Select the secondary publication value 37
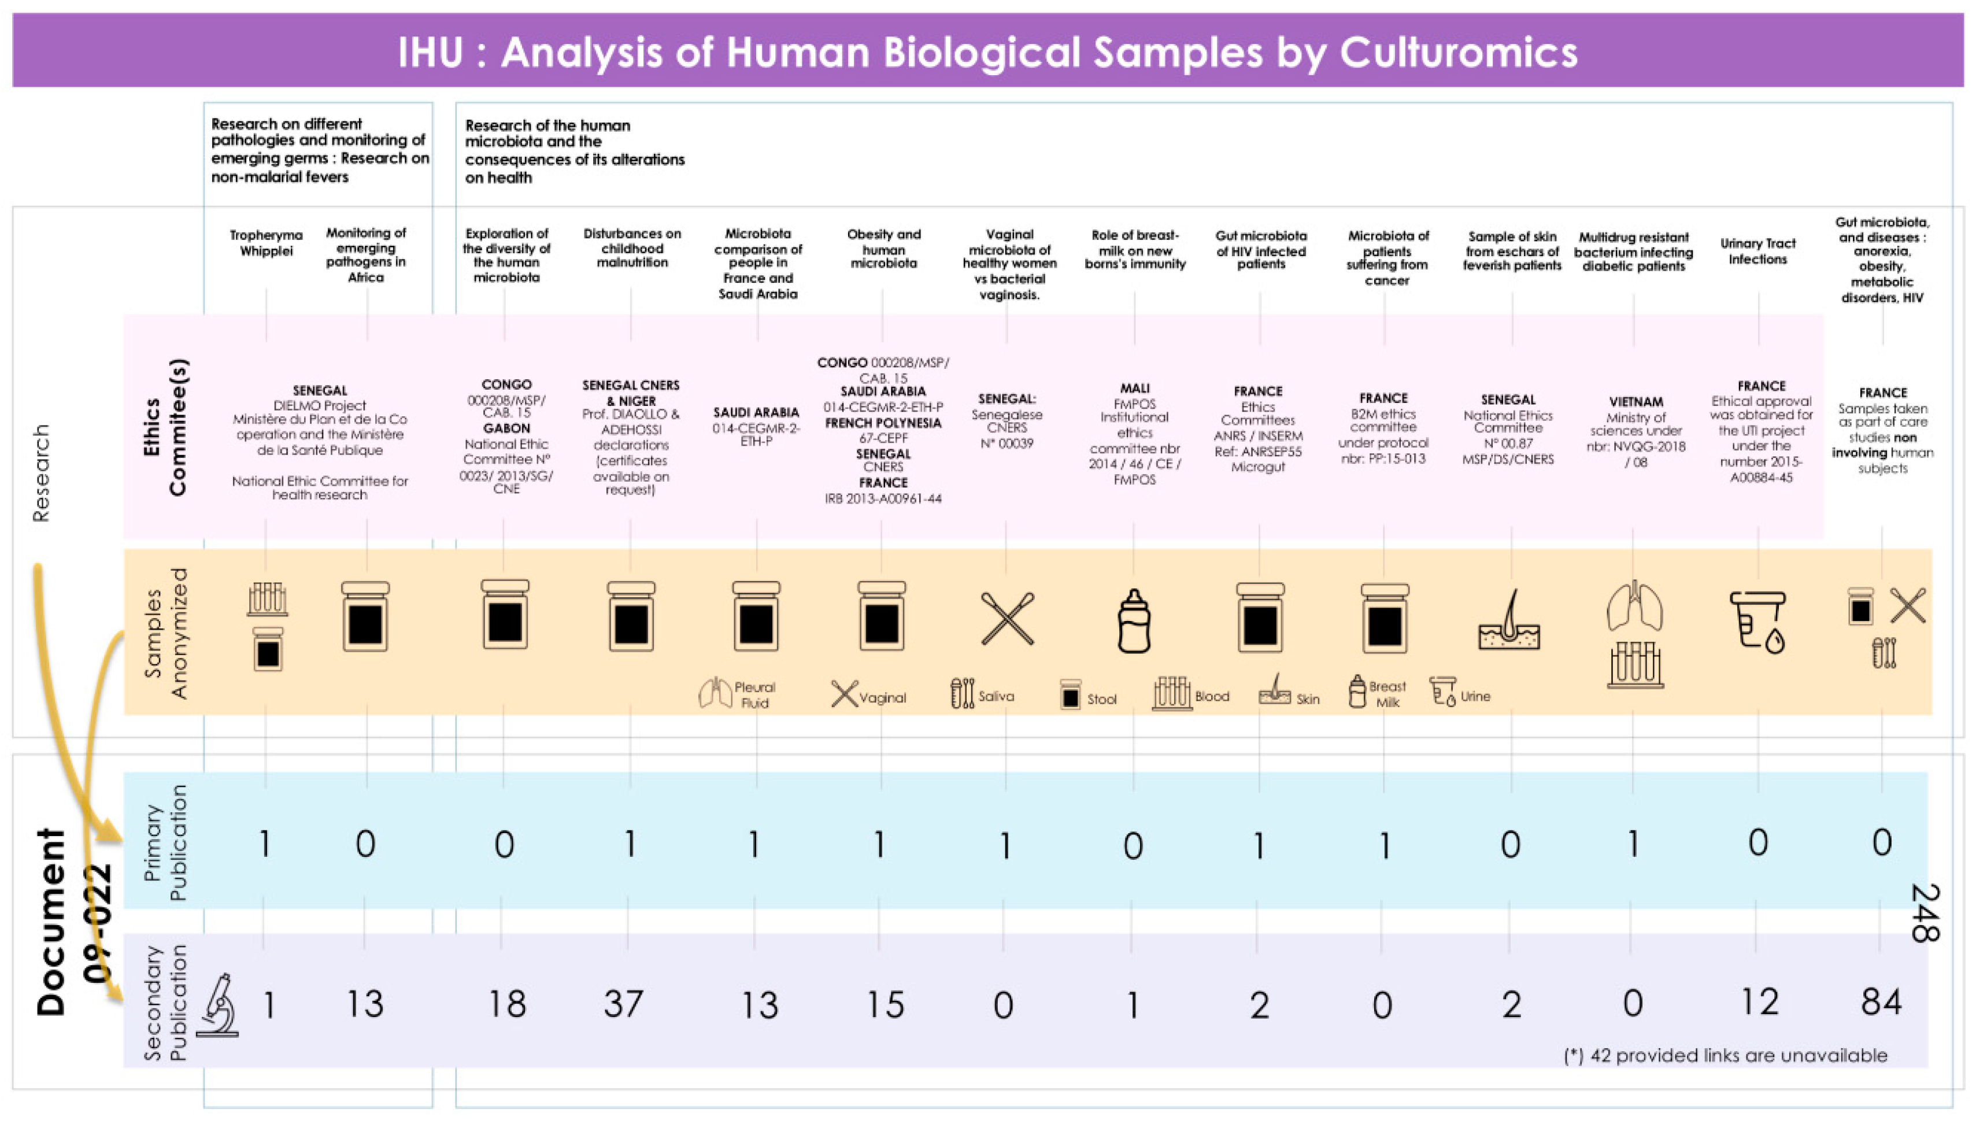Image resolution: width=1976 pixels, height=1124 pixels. [624, 1004]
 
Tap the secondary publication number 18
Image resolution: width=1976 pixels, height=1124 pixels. [506, 1004]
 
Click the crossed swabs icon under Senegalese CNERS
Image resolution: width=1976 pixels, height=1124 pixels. [1006, 618]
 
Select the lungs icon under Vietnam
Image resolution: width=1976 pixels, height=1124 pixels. [1634, 606]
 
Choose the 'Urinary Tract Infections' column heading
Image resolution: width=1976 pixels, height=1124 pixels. [1757, 251]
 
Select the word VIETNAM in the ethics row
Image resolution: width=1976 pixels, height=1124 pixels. [1635, 401]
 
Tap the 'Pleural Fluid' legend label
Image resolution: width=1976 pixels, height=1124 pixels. [753, 695]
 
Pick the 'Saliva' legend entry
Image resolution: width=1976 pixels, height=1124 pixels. [995, 696]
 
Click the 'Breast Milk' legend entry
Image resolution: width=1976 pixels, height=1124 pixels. [1386, 694]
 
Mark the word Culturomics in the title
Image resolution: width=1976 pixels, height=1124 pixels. [1458, 53]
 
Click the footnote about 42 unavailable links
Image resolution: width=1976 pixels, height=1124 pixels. [1725, 1055]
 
